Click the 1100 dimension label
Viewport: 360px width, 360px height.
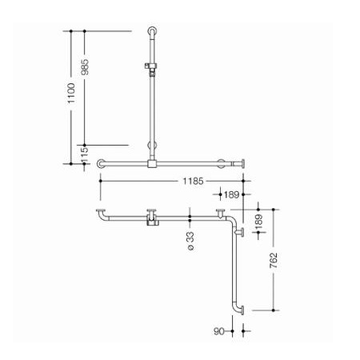[x=71, y=93]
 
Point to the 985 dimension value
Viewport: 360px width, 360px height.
[x=85, y=66]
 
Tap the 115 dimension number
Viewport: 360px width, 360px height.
[x=85, y=154]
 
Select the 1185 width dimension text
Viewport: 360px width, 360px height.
[x=193, y=182]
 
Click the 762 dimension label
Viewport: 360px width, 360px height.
[x=274, y=261]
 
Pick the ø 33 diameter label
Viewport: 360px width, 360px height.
[x=190, y=241]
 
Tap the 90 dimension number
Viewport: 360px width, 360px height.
[x=218, y=331]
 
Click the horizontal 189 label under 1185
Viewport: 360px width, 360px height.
[x=231, y=194]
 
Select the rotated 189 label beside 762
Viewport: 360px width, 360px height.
[x=258, y=222]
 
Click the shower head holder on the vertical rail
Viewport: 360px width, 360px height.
[x=150, y=68]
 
